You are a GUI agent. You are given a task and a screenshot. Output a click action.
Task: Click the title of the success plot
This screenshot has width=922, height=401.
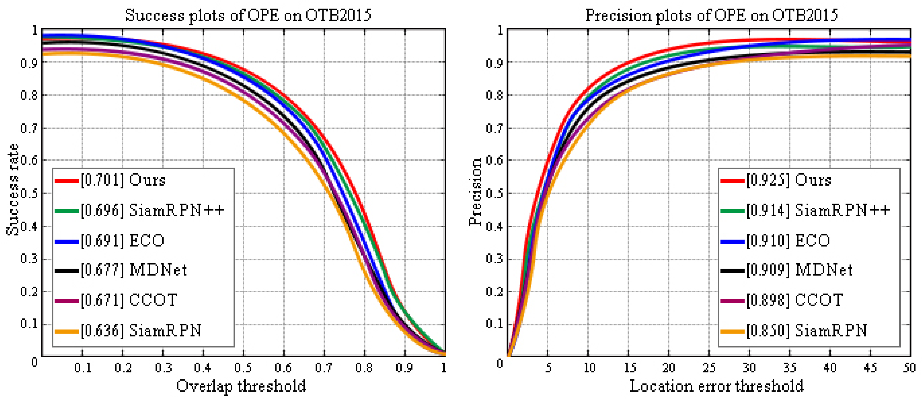pos(248,15)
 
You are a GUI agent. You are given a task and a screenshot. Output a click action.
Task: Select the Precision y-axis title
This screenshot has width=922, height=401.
pos(475,192)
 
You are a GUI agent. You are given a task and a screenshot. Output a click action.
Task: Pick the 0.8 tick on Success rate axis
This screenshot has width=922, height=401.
pos(29,96)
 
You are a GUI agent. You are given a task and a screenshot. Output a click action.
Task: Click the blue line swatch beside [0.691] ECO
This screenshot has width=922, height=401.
pos(67,241)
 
